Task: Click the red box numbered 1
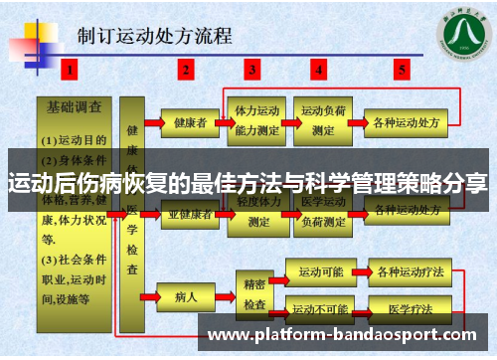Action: (70, 70)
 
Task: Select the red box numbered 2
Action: (186, 70)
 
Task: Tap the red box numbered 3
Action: (252, 70)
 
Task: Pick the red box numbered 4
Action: (318, 70)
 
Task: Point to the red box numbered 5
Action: (402, 70)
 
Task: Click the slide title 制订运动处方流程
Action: (155, 37)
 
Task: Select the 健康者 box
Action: (189, 123)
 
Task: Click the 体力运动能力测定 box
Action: (255, 118)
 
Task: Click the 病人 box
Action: (186, 295)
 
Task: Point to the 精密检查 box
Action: (253, 289)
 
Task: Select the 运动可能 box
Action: (320, 270)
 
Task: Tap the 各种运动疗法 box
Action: (406, 270)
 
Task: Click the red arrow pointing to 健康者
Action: (151, 123)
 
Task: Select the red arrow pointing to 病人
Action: (151, 295)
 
